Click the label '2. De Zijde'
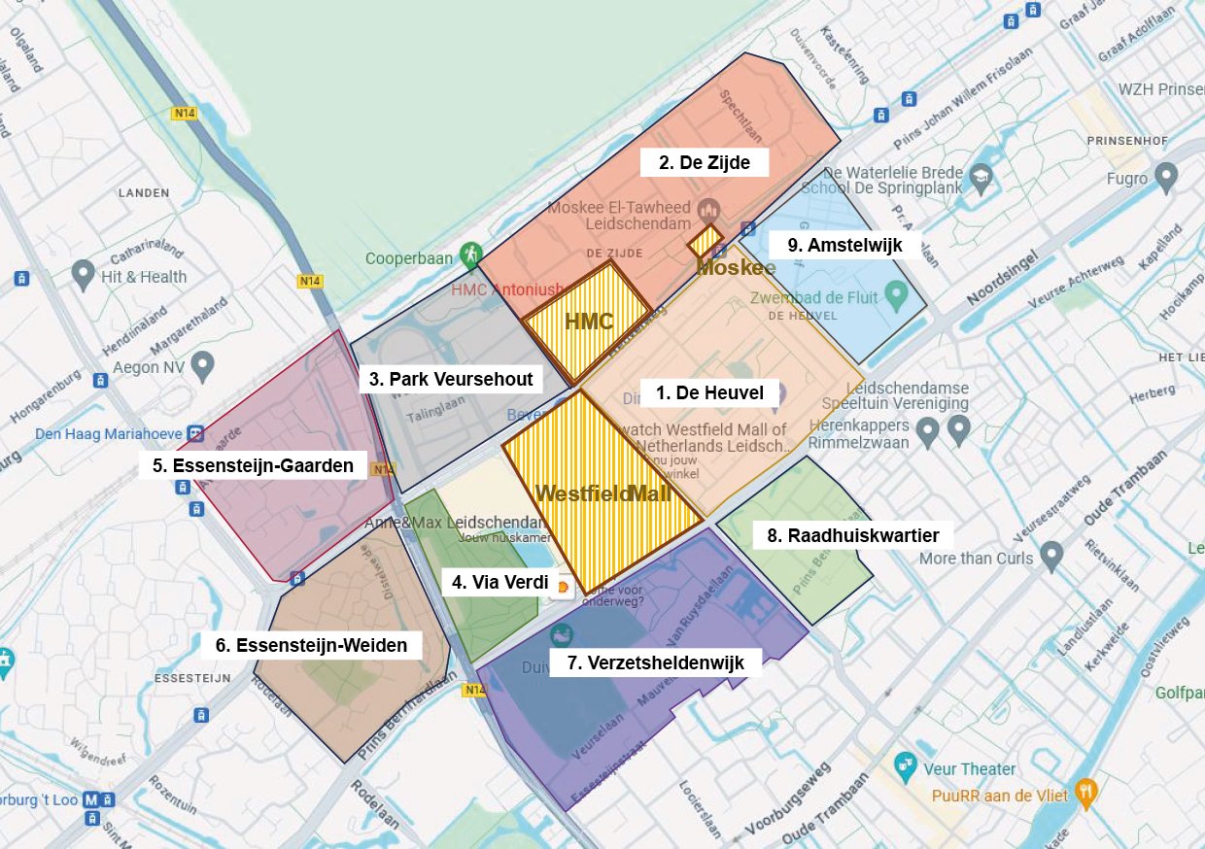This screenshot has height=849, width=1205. tap(705, 162)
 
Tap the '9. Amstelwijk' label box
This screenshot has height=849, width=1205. tap(844, 246)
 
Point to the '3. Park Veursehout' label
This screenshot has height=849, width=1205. tap(451, 379)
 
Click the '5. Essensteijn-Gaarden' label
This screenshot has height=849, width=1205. tap(253, 465)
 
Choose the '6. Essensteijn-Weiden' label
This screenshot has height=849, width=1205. tap(311, 645)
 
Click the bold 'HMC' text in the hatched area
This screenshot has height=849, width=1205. tap(589, 322)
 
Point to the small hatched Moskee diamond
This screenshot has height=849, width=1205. tap(706, 240)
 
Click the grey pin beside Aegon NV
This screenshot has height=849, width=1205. tap(202, 365)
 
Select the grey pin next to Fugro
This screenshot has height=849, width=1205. tap(1165, 176)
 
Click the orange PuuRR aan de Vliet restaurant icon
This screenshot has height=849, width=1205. tap(1086, 793)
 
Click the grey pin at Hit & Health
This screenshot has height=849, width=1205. tap(83, 273)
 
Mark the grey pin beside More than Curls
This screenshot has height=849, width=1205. tap(1050, 555)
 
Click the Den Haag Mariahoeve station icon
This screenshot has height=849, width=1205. tap(196, 433)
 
